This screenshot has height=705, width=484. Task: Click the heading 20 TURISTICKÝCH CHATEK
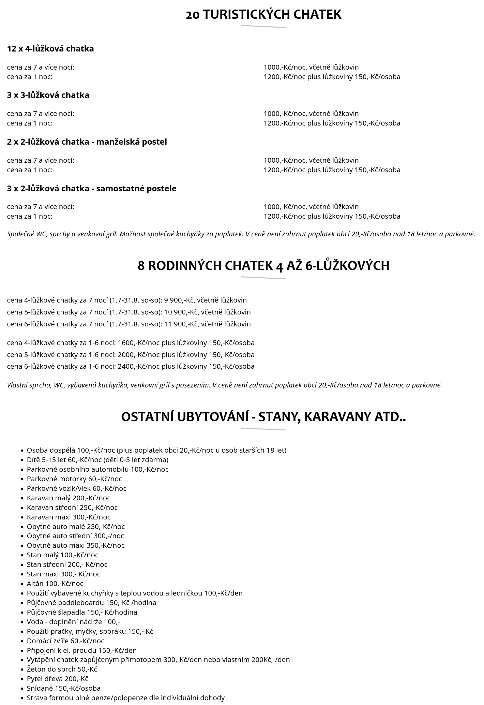point(263,15)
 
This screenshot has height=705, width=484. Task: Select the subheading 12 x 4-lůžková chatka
point(50,48)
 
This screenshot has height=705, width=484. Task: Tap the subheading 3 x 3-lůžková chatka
point(48,95)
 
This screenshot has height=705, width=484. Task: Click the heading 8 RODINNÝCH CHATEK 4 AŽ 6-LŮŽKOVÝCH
point(263,266)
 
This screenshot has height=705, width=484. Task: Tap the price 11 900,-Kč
point(181,324)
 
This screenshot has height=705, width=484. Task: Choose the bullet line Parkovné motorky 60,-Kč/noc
point(74,479)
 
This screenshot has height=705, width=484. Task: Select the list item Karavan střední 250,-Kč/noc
point(72,508)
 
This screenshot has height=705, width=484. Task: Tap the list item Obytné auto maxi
point(76,545)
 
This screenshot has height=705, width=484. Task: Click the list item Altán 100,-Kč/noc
point(55,584)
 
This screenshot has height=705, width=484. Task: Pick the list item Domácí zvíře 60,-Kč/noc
point(65,641)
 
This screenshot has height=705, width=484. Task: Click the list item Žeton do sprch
point(62,669)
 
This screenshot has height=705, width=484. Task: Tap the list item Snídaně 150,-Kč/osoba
point(63,688)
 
